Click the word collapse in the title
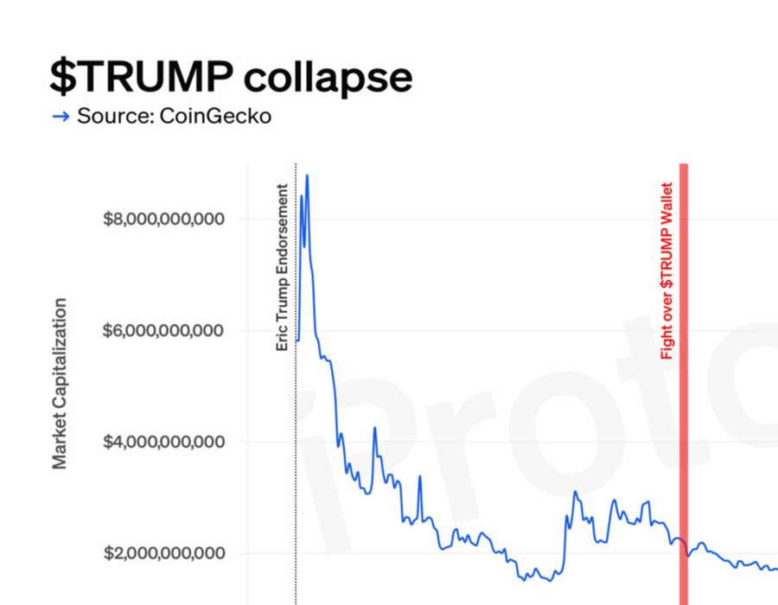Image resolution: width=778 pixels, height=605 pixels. (x=328, y=80)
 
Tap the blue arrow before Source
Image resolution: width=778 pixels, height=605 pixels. (x=61, y=117)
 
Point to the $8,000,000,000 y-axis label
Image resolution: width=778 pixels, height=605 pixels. (x=163, y=219)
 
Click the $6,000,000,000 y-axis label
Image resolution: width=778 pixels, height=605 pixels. (x=163, y=330)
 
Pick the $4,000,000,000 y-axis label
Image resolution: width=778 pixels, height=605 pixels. (x=163, y=442)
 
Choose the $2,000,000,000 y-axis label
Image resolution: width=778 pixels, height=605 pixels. (x=163, y=553)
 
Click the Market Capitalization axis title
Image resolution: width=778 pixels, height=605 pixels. (x=60, y=384)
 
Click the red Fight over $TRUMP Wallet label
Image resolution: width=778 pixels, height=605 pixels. (x=666, y=271)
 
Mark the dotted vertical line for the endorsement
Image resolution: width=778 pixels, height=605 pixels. (x=296, y=475)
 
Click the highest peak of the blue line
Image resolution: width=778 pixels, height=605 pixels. (x=307, y=175)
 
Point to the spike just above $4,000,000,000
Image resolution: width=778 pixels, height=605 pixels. (x=374, y=428)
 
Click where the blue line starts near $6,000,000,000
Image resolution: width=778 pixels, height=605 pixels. (x=297, y=340)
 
